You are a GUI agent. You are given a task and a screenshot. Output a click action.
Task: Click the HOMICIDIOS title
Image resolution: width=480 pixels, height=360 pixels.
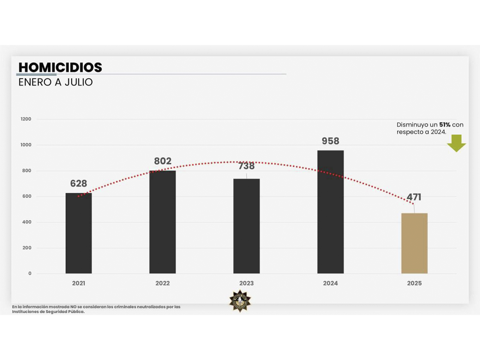[x=60, y=67]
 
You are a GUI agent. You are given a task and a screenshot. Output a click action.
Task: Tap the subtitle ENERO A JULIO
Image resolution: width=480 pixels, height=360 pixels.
[x=55, y=82]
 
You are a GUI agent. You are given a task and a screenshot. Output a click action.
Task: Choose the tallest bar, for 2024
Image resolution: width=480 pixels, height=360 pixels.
[x=330, y=212]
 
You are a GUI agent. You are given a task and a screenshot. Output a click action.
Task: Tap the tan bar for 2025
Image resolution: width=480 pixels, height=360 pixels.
[x=414, y=243]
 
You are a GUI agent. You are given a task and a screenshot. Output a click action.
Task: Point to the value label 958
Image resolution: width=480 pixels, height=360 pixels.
[x=330, y=141]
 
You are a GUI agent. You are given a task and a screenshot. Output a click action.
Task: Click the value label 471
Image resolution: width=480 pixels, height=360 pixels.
[x=414, y=197]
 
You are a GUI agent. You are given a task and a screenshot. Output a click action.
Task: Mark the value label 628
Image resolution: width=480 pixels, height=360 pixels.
[x=79, y=183]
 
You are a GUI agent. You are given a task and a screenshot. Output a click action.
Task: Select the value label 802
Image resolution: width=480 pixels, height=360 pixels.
[x=163, y=161]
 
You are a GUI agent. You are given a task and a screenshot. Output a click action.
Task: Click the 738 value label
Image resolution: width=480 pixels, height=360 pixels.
[x=246, y=166]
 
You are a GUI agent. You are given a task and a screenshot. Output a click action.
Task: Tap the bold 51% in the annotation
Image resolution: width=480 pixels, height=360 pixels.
[x=445, y=124]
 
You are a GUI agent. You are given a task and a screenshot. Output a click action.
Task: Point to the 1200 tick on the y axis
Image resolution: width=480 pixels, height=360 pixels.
[x=26, y=119]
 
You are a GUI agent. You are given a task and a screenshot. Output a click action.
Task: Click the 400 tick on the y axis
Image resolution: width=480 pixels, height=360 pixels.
[x=27, y=222]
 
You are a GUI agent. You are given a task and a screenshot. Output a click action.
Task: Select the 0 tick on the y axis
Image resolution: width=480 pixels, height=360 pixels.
[x=30, y=273]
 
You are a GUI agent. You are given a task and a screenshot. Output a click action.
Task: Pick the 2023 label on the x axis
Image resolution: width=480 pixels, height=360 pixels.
[x=246, y=283]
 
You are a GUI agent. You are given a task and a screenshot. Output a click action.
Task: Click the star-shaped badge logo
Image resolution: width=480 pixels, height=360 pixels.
[x=240, y=301]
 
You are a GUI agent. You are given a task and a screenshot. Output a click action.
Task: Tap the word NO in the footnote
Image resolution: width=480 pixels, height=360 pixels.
[x=73, y=307]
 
